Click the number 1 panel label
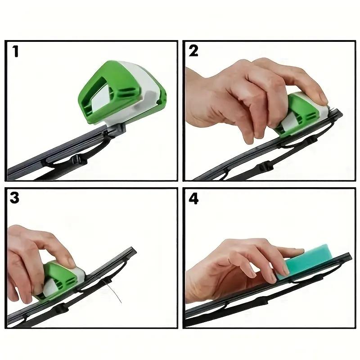pyautogui.click(x=16, y=51)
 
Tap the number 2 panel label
pyautogui.click(x=193, y=51)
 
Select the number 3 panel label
pyautogui.click(x=15, y=198)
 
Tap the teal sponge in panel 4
pyautogui.click(x=306, y=261)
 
